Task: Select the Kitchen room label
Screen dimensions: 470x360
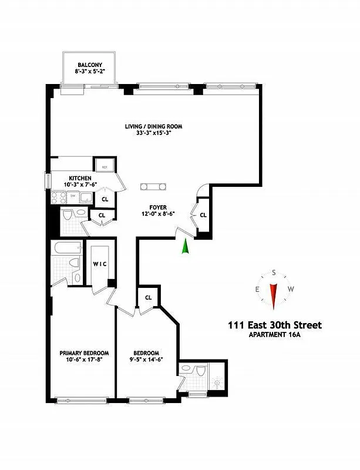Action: pyautogui.click(x=79, y=178)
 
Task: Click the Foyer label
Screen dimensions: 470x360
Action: pyautogui.click(x=157, y=207)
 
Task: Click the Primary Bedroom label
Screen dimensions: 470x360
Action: pyautogui.click(x=81, y=353)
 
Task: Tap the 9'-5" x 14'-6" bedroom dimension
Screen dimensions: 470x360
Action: pyautogui.click(x=146, y=360)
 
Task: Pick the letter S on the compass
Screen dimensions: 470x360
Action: pyautogui.click(x=274, y=273)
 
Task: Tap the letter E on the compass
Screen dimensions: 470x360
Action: pyautogui.click(x=257, y=289)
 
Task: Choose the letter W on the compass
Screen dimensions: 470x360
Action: pyautogui.click(x=291, y=289)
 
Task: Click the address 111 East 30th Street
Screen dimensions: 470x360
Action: pyautogui.click(x=274, y=325)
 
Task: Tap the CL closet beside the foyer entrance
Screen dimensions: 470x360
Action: pyautogui.click(x=203, y=215)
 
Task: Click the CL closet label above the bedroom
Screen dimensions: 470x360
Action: pyautogui.click(x=148, y=297)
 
